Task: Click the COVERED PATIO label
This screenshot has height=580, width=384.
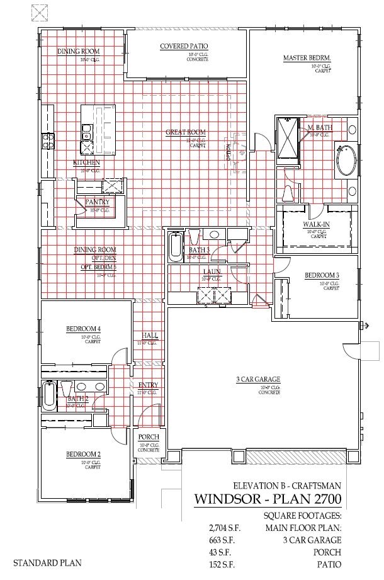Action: point(184,46)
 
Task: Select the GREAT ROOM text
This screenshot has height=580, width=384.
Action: point(186,132)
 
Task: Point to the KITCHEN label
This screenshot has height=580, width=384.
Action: point(86,163)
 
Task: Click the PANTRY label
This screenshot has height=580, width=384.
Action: point(98,202)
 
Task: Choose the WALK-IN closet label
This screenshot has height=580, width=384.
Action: point(314,224)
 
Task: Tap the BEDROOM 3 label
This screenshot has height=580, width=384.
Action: point(322,275)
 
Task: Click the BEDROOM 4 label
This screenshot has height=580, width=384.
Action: point(84,329)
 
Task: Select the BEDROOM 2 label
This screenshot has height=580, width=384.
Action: point(84,454)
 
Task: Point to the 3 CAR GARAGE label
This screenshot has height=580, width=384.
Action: point(258,379)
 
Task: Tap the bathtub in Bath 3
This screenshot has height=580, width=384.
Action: point(175,246)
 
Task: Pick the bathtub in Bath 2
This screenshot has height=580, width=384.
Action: point(49,395)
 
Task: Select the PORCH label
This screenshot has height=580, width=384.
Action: point(148,438)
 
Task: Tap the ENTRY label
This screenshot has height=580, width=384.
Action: point(148,385)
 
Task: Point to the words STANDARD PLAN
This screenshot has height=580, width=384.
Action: point(47,563)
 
